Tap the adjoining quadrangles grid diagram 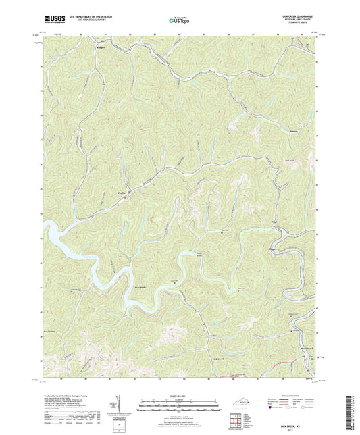[236, 419]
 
